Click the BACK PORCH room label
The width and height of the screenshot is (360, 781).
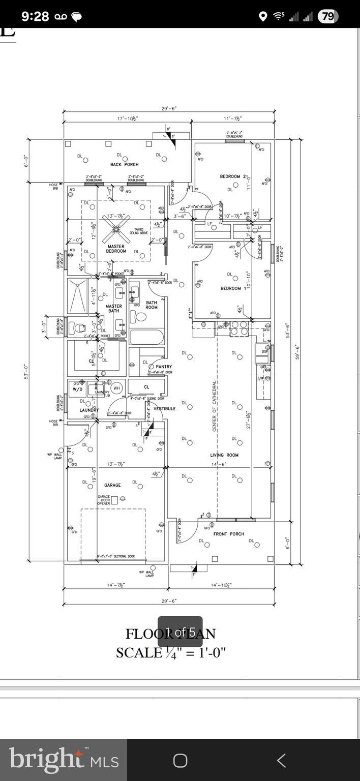click(124, 164)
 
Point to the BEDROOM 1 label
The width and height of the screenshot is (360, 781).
click(233, 288)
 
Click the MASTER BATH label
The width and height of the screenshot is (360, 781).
click(113, 308)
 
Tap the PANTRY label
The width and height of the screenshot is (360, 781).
click(164, 366)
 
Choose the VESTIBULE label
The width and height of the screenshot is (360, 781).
click(164, 408)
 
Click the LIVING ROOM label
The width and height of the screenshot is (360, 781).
click(224, 455)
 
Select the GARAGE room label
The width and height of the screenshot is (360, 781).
click(112, 485)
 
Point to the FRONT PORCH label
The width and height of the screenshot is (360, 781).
click(228, 534)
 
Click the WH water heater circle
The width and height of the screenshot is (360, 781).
click(117, 388)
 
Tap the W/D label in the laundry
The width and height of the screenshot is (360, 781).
click(77, 389)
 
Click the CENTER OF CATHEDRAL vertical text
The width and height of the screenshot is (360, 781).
click(215, 406)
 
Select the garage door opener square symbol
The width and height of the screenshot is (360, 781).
click(114, 500)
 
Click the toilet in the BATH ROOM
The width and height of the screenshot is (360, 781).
click(139, 317)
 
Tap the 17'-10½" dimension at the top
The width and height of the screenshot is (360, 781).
click(127, 118)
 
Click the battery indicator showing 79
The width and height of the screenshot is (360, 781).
click(328, 16)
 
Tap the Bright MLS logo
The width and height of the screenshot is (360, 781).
click(64, 760)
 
